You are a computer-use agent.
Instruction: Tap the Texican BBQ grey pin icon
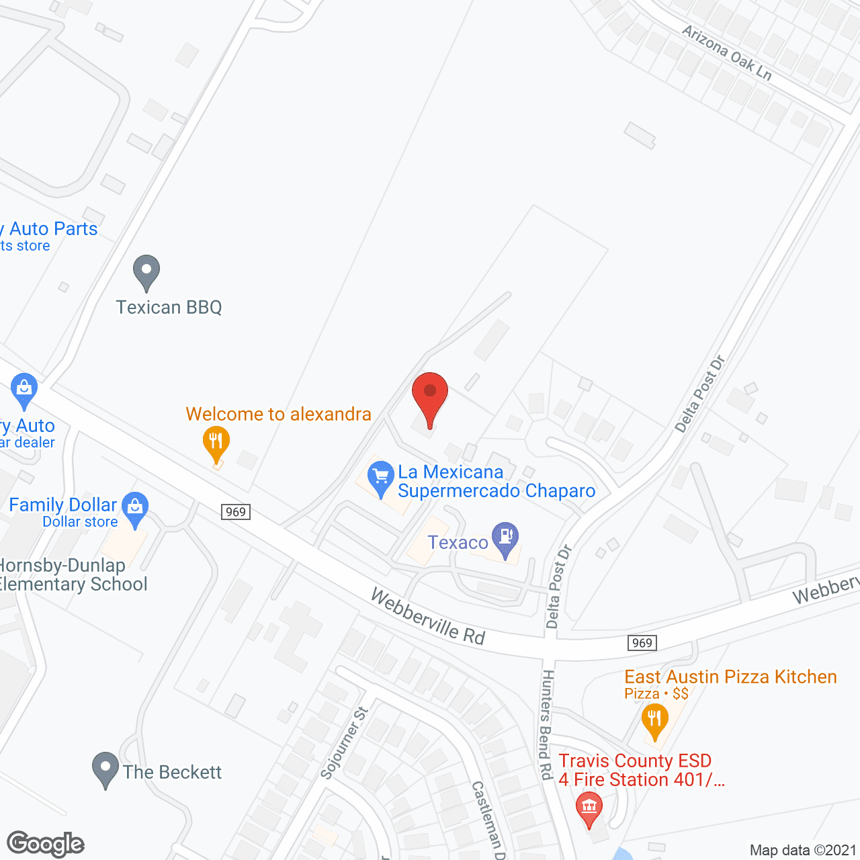coord(146,271)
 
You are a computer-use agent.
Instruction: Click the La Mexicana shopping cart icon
coord(381,477)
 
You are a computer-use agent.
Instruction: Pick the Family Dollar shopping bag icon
coord(135,509)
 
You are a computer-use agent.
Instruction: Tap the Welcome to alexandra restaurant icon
coord(216,442)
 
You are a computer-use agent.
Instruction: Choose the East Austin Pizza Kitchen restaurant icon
coord(654,720)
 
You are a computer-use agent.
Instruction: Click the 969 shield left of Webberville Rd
coord(236,512)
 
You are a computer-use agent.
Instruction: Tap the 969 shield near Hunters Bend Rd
coord(642,643)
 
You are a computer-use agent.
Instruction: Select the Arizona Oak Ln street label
coord(726,52)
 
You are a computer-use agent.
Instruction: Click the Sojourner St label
coord(344,742)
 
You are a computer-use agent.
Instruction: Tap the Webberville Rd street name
coord(427,617)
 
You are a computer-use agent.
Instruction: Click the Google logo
coord(46,844)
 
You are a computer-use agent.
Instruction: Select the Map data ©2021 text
coord(803,851)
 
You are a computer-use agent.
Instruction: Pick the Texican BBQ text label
coord(169,307)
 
